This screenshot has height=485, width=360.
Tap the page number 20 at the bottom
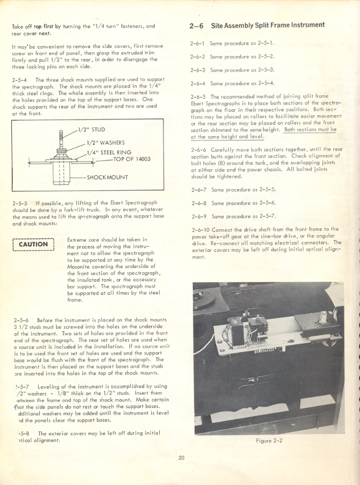182,459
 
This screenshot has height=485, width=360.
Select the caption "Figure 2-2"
269,441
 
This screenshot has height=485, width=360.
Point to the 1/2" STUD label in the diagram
90,131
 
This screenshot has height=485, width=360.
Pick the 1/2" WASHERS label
105,143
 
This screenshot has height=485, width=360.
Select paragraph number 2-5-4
21,80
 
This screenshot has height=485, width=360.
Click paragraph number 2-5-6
21,320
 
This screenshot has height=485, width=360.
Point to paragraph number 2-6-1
198,44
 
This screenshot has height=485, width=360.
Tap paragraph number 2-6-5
198,96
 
